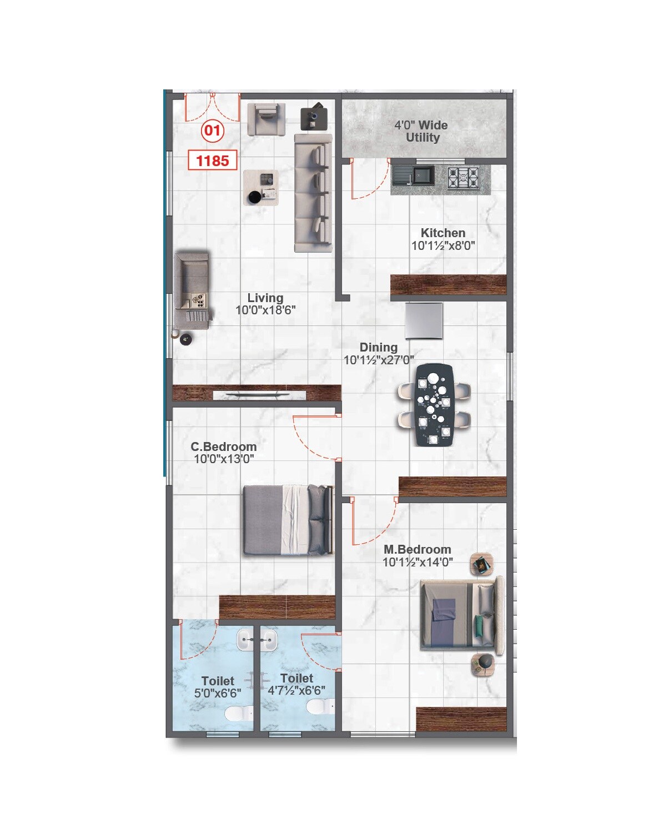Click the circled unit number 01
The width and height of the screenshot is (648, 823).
point(212,132)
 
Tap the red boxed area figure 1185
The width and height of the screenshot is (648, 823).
point(213,160)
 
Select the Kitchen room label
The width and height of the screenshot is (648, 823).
point(443,233)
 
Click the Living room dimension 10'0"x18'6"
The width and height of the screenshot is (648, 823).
point(265,310)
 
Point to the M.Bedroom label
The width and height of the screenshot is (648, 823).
point(417,549)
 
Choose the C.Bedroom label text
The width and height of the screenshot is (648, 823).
point(223,446)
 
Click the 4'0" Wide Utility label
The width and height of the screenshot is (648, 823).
point(421,132)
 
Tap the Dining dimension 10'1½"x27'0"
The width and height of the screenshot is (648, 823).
point(379,360)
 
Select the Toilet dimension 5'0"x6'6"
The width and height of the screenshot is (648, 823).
point(217,693)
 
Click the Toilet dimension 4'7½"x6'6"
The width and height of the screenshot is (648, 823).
point(297,691)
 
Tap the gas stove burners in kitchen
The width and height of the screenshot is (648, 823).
point(463,178)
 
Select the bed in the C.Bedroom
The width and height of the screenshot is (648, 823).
point(288,520)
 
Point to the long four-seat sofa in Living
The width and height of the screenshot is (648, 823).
point(313,193)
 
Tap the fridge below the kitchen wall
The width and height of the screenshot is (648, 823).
point(424,320)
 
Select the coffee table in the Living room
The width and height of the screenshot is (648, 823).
point(261,188)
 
